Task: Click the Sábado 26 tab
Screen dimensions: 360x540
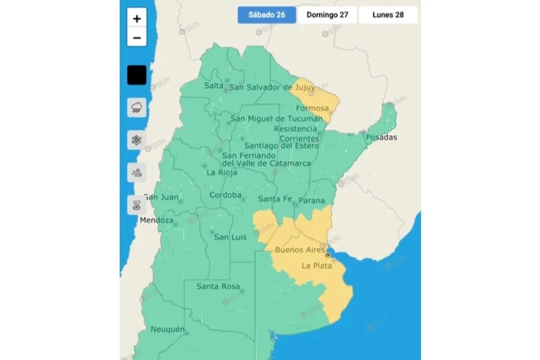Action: pyautogui.click(x=266, y=15)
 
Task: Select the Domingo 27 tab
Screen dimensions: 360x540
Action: pyautogui.click(x=327, y=15)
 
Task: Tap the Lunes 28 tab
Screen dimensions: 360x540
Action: pyautogui.click(x=388, y=15)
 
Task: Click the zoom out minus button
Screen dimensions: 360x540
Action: pyautogui.click(x=137, y=37)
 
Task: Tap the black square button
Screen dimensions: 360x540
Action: pyautogui.click(x=137, y=75)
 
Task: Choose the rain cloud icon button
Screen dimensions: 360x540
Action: pyautogui.click(x=137, y=107)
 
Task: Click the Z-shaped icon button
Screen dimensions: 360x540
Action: pyautogui.click(x=137, y=204)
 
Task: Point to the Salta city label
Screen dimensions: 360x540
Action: pyautogui.click(x=214, y=86)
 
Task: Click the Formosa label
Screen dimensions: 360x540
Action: pyautogui.click(x=312, y=108)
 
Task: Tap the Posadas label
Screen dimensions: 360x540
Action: pyautogui.click(x=381, y=137)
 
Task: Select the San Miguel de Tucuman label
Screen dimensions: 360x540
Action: pyautogui.click(x=277, y=119)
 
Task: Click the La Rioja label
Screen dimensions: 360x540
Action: pyautogui.click(x=222, y=173)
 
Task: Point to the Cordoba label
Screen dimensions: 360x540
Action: pyautogui.click(x=225, y=195)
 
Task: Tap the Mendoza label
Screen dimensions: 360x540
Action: pyautogui.click(x=156, y=220)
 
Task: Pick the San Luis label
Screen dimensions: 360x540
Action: pyautogui.click(x=230, y=237)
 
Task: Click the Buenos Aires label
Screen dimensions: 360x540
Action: pyautogui.click(x=299, y=250)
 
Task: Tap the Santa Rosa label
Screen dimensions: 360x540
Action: pyautogui.click(x=217, y=286)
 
